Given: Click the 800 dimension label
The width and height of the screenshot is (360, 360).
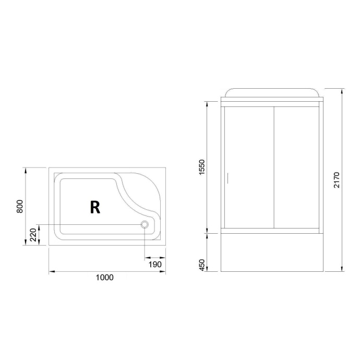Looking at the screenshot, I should pyautogui.click(x=19, y=206).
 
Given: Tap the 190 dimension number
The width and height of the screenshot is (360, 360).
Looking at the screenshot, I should pyautogui.click(x=155, y=265).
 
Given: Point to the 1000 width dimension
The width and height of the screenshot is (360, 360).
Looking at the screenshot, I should pyautogui.click(x=104, y=278).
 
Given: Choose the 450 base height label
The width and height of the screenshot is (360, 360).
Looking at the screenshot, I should pyautogui.click(x=202, y=265).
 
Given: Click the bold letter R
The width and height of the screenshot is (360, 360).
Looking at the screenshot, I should pyautogui.click(x=94, y=207).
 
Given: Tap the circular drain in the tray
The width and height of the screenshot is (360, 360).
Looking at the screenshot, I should pyautogui.click(x=145, y=224).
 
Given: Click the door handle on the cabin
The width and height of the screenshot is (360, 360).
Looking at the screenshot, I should pyautogui.click(x=227, y=178).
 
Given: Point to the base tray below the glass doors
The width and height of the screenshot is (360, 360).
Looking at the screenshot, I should pyautogui.click(x=271, y=253).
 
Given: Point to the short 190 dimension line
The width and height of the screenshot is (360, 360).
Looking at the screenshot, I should pyautogui.click(x=155, y=258).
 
